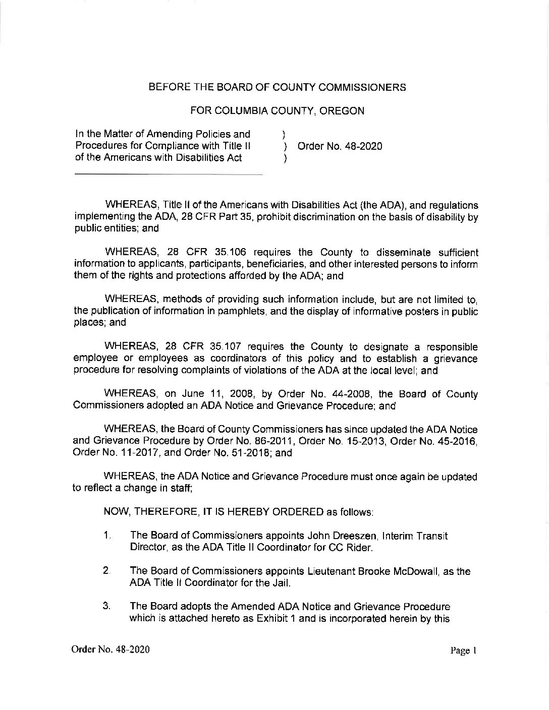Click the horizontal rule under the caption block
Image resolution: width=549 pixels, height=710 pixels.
coord(169,174)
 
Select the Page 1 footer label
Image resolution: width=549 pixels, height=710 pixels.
coord(463,650)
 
